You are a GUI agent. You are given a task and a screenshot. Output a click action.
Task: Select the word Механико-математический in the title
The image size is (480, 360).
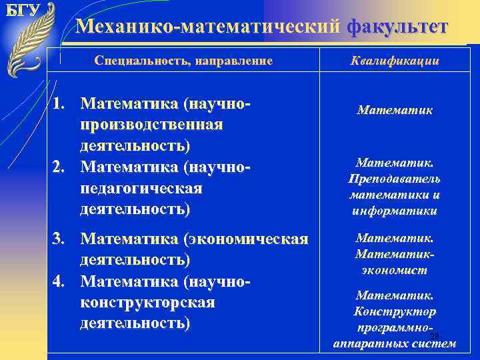point(209,27)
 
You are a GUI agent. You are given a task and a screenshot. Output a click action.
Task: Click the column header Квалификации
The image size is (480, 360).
point(395,61)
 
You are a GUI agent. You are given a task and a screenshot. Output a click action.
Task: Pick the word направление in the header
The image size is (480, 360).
point(233,61)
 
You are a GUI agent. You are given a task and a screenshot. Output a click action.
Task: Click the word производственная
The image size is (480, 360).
point(151,125)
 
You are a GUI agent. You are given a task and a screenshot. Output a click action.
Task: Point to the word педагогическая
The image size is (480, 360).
point(140,188)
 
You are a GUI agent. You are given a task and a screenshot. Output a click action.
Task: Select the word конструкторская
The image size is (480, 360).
point(147,302)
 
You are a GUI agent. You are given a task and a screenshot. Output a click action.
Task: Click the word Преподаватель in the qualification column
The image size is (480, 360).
point(394,179)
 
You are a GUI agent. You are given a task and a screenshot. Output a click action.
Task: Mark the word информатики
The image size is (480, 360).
point(394,211)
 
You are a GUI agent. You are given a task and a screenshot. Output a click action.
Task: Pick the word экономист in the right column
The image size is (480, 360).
point(394,270)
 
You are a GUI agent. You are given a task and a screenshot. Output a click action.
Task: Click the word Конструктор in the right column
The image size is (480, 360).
point(394,311)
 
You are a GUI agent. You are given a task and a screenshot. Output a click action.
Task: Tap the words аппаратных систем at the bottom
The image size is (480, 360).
point(394,344)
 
